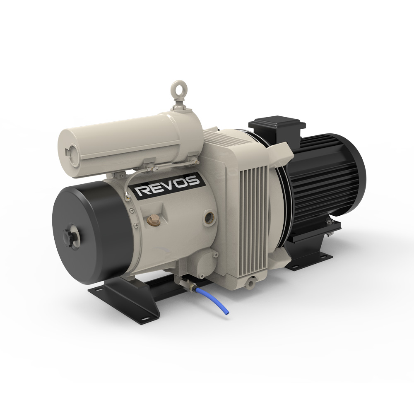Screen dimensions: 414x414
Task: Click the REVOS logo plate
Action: point(168,186)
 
